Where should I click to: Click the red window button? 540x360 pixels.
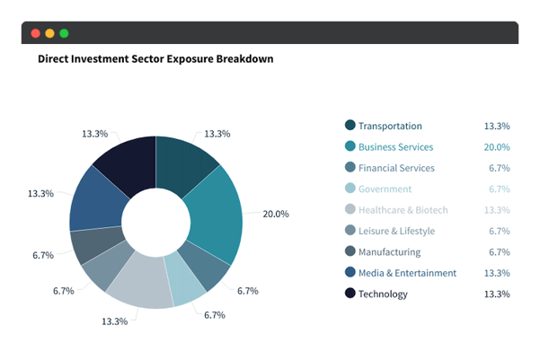coord(35,33)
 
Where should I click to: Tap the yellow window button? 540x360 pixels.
coord(49,33)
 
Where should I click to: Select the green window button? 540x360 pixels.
coord(64,33)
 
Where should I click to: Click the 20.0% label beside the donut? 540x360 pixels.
coord(275,215)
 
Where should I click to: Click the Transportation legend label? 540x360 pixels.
coord(389,126)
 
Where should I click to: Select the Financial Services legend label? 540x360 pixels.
coord(395,168)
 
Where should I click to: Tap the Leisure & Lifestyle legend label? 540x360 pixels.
coord(395,231)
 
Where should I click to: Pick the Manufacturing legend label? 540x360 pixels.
coord(389,252)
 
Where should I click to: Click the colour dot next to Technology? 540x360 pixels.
coord(350,294)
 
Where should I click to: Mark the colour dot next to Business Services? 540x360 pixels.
coord(350,146)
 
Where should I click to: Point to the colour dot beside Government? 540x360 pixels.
coord(350,189)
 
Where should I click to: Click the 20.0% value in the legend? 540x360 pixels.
coord(497,147)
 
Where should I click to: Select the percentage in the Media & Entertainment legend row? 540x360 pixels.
coord(497,273)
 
